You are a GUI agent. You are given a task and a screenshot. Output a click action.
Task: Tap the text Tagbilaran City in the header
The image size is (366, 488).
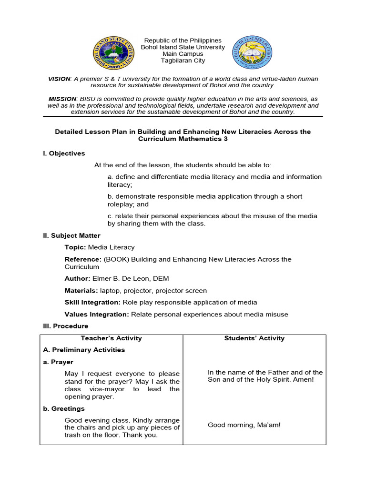click(x=183, y=61)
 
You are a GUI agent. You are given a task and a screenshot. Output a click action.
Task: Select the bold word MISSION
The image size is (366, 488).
click(x=62, y=99)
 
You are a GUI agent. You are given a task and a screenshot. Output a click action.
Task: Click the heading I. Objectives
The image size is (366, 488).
click(x=64, y=153)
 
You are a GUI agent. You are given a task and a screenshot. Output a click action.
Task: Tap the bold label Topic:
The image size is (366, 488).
click(x=75, y=247)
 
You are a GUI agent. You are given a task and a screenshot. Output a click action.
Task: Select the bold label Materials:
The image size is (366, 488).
click(x=81, y=290)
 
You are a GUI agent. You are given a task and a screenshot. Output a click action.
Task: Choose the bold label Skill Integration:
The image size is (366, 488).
click(x=92, y=302)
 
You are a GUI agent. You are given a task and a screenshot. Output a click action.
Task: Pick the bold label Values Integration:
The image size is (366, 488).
click(x=97, y=314)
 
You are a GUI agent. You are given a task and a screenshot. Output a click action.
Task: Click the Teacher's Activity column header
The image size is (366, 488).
click(x=112, y=338)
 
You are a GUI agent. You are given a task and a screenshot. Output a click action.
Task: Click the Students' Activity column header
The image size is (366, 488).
click(x=254, y=338)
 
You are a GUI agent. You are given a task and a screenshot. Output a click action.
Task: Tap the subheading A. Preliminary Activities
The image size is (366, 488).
click(x=84, y=350)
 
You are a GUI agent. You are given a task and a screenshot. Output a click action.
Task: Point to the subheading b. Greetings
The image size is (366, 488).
click(x=64, y=408)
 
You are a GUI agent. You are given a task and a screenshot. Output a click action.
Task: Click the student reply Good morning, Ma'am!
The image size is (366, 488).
click(x=244, y=425)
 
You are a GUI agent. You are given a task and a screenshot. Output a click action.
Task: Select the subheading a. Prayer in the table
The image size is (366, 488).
click(x=58, y=362)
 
